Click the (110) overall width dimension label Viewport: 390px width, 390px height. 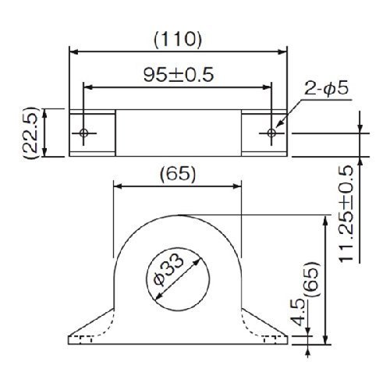[178, 40]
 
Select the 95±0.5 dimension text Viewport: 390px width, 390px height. [179, 75]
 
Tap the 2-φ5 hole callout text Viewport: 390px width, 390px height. [326, 89]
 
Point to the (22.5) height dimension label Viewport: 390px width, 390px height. [31, 133]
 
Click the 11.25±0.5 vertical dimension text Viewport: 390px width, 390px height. [346, 213]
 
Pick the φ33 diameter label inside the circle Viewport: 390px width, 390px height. [168, 270]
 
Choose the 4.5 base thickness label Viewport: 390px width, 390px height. [300, 312]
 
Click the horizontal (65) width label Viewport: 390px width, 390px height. [178, 174]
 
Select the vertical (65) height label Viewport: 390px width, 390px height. [311, 279]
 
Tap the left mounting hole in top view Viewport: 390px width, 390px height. [83, 133]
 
